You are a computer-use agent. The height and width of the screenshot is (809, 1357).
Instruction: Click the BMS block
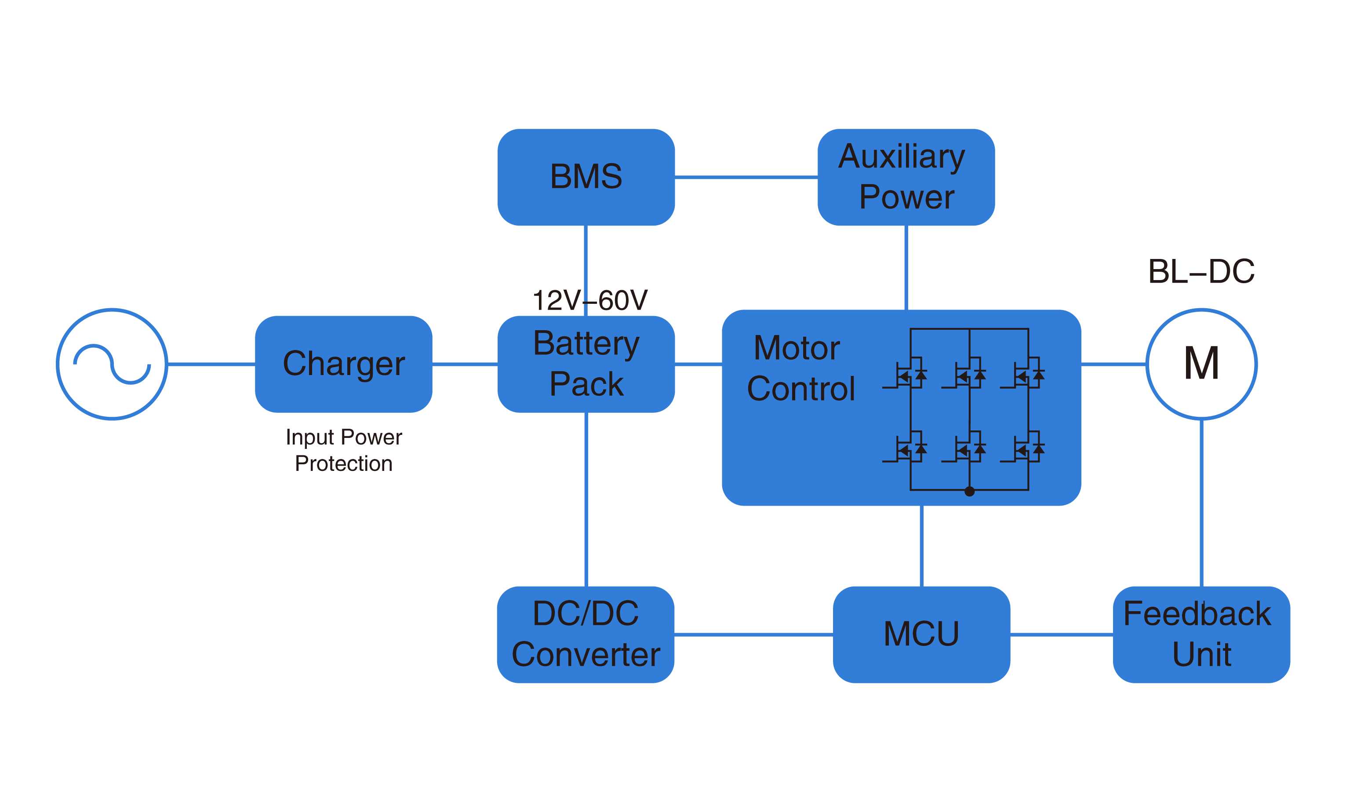click(586, 177)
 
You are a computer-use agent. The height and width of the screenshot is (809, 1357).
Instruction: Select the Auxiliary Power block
click(906, 177)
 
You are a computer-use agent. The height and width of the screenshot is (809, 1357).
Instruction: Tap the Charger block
click(343, 364)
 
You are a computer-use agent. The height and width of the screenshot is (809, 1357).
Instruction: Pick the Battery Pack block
click(586, 364)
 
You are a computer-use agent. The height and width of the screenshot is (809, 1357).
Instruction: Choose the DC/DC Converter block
click(586, 634)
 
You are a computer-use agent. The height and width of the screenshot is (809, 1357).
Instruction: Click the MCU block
click(921, 634)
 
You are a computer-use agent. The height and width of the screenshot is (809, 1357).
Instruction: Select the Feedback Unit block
click(1201, 634)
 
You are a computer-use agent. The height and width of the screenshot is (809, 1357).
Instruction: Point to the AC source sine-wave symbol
click(112, 364)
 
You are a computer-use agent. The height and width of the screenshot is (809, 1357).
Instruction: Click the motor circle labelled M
click(1201, 364)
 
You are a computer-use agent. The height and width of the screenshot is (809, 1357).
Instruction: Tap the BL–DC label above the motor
click(1201, 271)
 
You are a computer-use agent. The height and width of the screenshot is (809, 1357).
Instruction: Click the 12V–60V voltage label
click(589, 300)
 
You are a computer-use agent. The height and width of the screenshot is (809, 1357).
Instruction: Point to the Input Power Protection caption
click(343, 450)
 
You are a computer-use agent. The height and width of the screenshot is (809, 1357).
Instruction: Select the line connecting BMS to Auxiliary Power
click(746, 177)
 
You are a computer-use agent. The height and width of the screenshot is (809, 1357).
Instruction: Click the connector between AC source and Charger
click(211, 364)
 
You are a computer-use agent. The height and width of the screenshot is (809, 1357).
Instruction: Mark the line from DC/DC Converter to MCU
click(754, 634)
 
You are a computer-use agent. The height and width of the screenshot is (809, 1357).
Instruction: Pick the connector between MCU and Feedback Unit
click(1061, 634)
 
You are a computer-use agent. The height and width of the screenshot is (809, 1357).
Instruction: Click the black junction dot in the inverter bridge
click(969, 492)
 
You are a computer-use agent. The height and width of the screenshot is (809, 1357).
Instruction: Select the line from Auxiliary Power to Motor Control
click(906, 267)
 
